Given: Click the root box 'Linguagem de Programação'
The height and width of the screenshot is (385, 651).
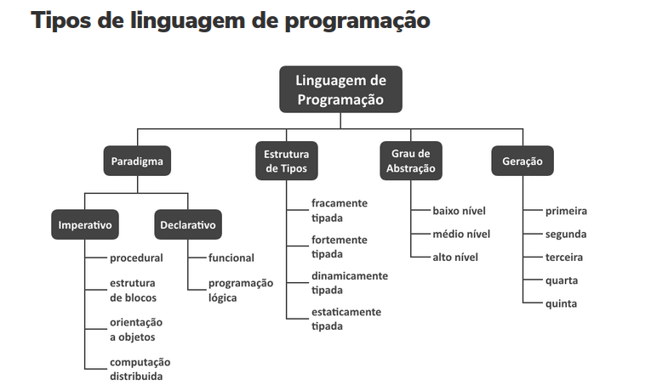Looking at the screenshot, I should click(340, 89).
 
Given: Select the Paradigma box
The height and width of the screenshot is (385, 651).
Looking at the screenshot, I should click(136, 160).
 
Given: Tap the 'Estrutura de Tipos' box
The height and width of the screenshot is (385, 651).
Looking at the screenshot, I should click(286, 161).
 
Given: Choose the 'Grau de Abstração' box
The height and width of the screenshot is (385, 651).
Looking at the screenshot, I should click(411, 161).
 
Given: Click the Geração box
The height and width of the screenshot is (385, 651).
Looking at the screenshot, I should click(523, 160).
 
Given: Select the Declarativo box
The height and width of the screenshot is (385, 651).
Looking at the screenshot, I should click(188, 225).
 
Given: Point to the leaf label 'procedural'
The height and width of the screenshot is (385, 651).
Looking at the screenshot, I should click(136, 258).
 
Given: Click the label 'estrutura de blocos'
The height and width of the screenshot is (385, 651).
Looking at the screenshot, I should click(133, 290).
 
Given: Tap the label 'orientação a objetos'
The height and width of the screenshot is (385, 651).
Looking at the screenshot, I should click(135, 330).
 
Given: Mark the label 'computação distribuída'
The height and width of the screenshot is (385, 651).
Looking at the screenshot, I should click(140, 369).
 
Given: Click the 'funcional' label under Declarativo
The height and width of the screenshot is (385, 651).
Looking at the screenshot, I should click(231, 258).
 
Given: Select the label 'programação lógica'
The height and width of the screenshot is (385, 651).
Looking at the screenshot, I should click(241, 290).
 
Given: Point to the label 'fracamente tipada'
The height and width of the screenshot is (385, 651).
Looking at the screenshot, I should click(339, 211).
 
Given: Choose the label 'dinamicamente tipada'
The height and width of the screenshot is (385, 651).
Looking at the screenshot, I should click(349, 283).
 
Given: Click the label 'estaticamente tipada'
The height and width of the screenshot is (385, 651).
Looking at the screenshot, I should click(345, 319).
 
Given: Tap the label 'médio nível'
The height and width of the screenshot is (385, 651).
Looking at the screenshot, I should click(461, 234).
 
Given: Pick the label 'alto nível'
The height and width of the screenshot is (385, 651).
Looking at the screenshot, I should click(455, 258).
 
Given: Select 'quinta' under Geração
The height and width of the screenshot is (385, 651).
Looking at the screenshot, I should click(561, 303).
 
